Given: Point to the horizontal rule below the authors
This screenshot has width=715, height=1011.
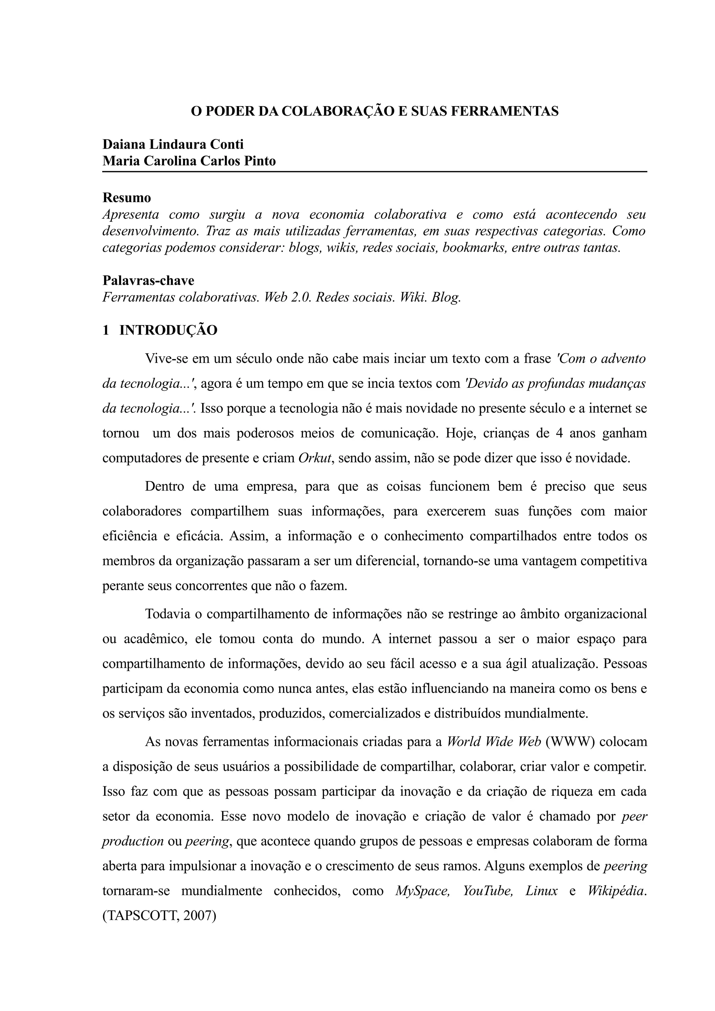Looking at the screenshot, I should tap(375, 172).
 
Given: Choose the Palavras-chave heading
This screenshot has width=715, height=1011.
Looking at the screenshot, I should tap(148, 280).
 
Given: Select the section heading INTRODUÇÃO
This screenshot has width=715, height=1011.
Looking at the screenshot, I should tap(168, 330).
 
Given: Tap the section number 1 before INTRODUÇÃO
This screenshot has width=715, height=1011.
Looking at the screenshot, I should tap(106, 330).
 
